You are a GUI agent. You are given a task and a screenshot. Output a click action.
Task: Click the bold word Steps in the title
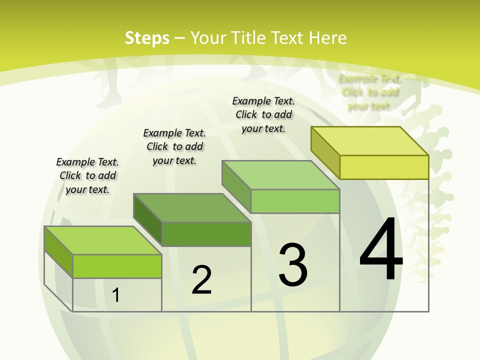[x=147, y=38]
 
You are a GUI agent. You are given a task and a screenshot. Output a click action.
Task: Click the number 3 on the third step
[x=293, y=265]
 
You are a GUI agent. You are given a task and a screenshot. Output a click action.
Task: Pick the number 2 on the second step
[x=202, y=280]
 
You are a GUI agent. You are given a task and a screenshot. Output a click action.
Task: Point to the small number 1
[x=116, y=295]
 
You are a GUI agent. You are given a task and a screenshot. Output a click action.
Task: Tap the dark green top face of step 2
[x=192, y=208]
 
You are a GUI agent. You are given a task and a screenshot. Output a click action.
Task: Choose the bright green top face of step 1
[x=103, y=240]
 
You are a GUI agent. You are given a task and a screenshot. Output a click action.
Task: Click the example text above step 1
[x=87, y=175]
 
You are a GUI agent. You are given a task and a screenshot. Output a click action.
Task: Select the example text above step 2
[x=174, y=146]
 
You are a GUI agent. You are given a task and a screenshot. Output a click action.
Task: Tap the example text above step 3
[x=263, y=114]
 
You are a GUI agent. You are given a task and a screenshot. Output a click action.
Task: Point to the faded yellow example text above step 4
[x=370, y=92]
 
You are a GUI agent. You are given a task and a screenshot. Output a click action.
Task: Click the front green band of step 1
[x=117, y=266]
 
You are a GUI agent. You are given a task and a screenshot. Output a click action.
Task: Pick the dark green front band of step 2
[x=206, y=234]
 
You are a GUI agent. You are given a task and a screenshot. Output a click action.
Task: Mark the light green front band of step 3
[x=295, y=201]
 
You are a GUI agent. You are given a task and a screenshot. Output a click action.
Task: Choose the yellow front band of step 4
[x=384, y=167]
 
